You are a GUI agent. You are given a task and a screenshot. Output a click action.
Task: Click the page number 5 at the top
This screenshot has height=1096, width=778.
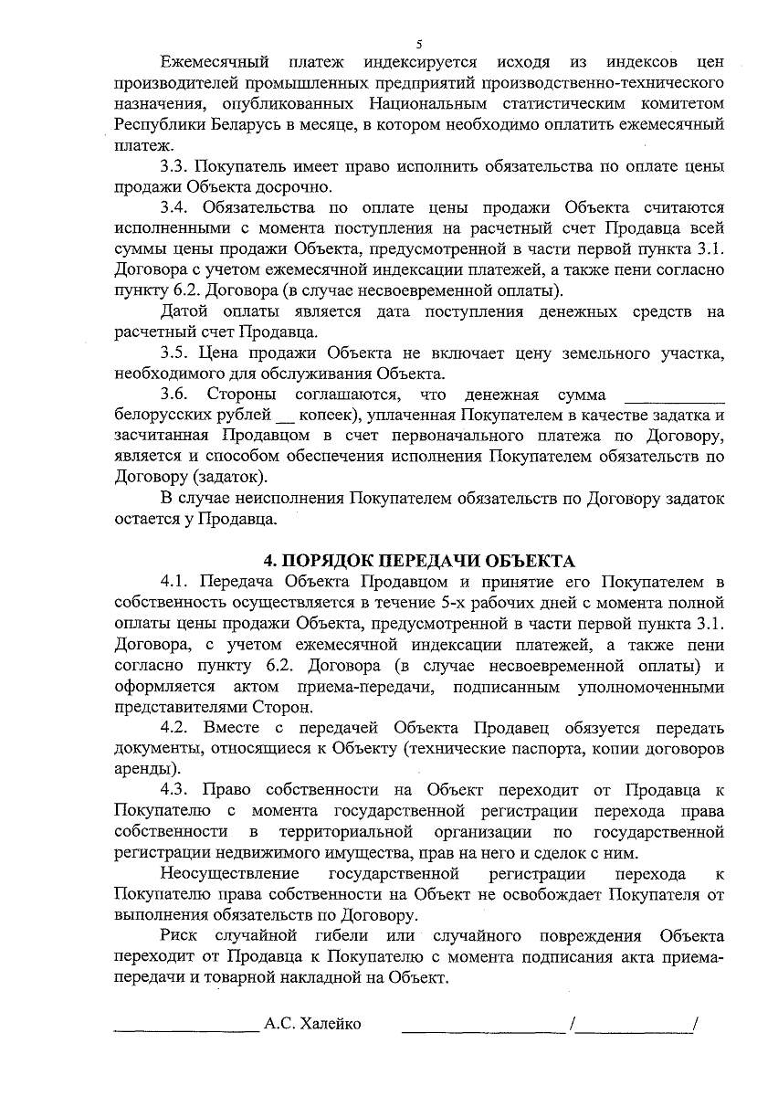pyautogui.click(x=419, y=43)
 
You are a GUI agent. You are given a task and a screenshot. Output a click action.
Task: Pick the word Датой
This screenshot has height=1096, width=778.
pyautogui.click(x=183, y=312)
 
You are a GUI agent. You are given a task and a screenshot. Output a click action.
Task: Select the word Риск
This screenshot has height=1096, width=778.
pyautogui.click(x=179, y=936)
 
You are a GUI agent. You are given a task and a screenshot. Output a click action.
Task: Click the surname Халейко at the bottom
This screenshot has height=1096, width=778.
pyautogui.click(x=329, y=1024)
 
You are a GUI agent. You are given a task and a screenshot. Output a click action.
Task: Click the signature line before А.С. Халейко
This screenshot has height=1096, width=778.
pyautogui.click(x=186, y=1028)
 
